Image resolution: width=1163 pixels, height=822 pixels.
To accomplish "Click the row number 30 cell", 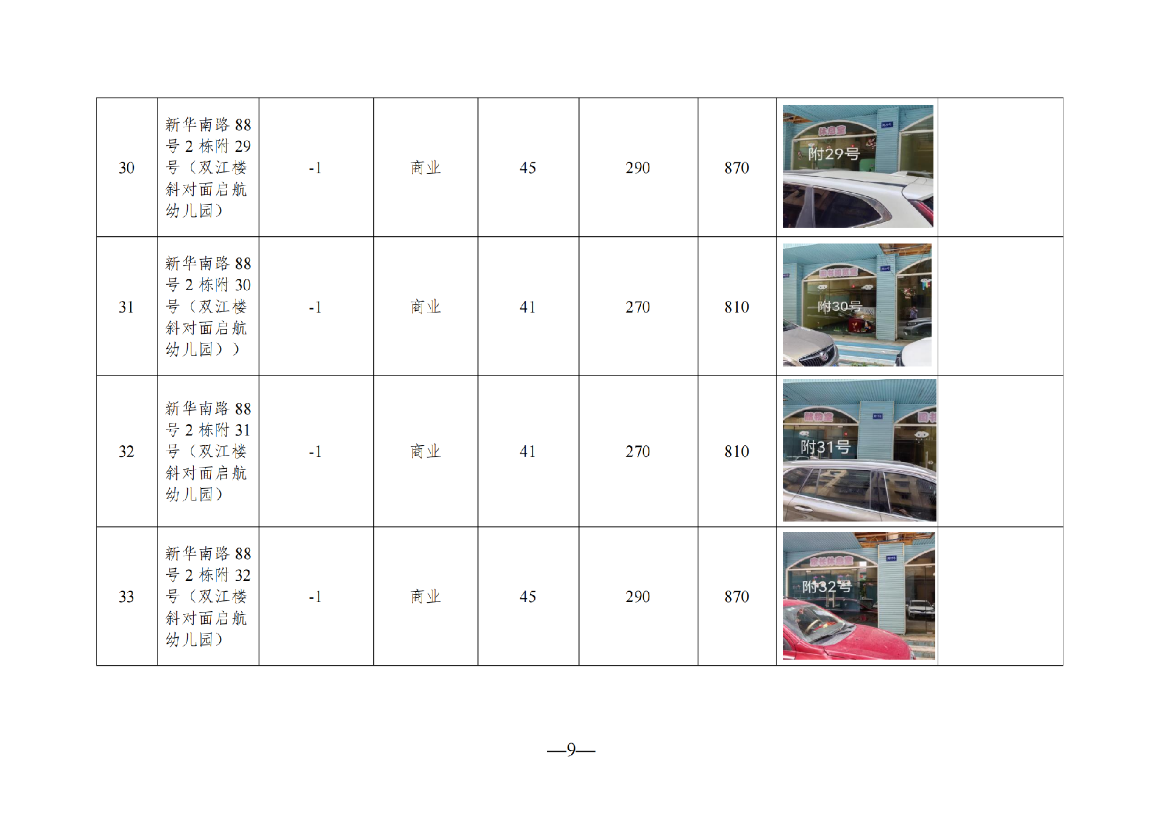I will pos(127,168).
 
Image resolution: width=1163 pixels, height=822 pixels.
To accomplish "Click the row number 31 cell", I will pos(127,307).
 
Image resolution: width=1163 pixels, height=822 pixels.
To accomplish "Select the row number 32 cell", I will pos(127,451).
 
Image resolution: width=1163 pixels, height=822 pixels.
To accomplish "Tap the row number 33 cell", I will pos(127,597).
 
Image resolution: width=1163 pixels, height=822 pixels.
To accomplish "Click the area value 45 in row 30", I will pos(528,168).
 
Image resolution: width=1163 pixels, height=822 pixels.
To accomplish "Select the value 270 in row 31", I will pos(637,307).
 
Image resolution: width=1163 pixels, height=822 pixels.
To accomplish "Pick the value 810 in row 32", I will pos(737,451).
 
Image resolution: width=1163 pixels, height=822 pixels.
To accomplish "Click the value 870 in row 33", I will pos(737,597).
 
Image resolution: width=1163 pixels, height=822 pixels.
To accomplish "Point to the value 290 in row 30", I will pos(637,168).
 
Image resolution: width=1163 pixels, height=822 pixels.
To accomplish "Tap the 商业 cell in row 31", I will pos(425,307).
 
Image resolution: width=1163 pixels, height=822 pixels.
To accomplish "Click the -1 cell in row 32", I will pos(315,451).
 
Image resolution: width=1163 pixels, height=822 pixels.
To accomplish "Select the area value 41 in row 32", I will pos(528,451).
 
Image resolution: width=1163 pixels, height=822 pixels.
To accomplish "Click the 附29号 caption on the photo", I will pos(833,154).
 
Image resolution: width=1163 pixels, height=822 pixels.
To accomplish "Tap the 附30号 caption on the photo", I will pos(839,307).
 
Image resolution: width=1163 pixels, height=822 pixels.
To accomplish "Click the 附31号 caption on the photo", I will pos(826,447).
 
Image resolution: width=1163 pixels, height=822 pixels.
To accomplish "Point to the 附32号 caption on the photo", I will pos(827,586).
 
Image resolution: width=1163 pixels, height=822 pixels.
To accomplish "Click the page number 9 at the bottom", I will pos(571,750).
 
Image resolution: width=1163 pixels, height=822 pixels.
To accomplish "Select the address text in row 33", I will pos(207,596).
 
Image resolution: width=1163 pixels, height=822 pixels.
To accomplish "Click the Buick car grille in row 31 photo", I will pos(818,357).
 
